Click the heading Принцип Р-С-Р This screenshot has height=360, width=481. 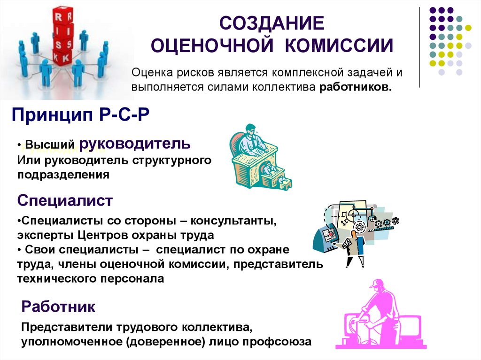pyautogui.click(x=80, y=115)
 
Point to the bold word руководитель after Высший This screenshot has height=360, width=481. pyautogui.click(x=135, y=143)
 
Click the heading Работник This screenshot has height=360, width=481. pyautogui.click(x=58, y=307)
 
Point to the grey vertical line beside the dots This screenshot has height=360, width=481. pyautogui.click(x=419, y=47)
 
